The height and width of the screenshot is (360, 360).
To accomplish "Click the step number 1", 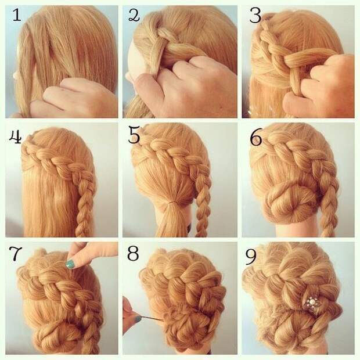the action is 16,15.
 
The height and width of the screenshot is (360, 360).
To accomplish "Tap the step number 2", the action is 134,15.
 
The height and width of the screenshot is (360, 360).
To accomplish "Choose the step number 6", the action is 255,138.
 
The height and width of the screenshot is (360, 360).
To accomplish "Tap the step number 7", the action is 16,254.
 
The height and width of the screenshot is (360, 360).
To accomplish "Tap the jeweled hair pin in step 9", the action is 311,304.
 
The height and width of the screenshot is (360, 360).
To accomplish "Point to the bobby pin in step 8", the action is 151,318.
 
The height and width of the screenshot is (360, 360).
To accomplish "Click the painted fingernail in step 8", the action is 138,319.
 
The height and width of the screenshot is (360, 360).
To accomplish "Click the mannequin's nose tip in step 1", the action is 15,75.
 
